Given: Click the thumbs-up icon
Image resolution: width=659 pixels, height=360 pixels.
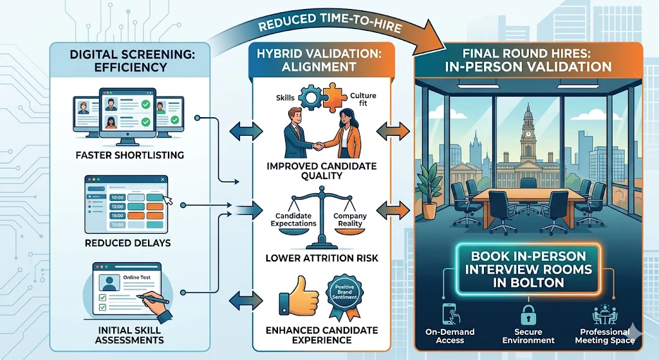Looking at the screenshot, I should point(294,303).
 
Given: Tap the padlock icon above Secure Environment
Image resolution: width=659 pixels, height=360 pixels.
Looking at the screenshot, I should point(527,314).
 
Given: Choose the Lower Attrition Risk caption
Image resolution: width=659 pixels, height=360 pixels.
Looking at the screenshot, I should point(322,258).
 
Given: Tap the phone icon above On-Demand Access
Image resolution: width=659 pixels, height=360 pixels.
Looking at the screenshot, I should point(450,314).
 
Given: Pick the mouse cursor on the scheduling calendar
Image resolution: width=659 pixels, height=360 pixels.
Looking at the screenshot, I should point(169,200).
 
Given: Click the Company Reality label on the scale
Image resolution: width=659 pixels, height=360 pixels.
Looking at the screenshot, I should point(351,219).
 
